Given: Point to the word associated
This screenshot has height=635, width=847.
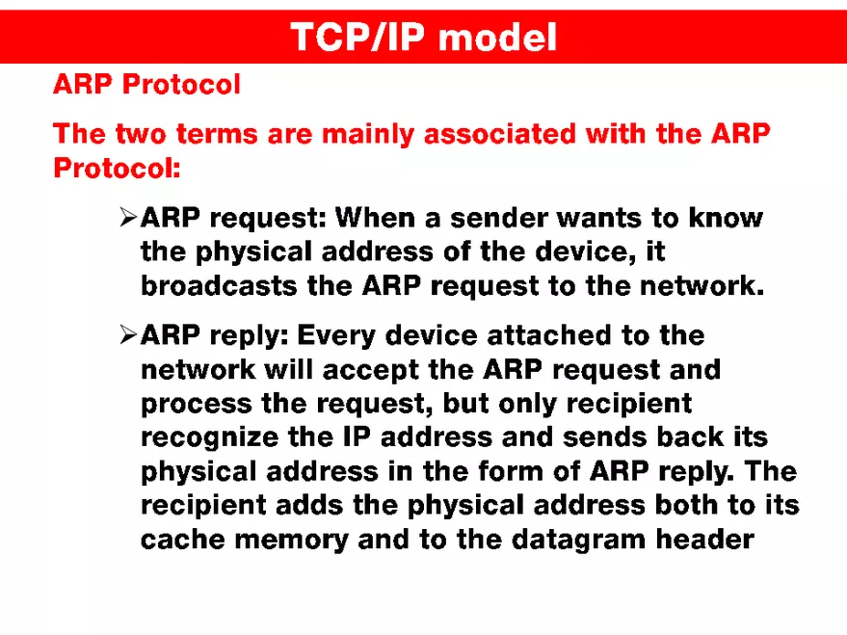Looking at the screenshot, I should tap(501, 134).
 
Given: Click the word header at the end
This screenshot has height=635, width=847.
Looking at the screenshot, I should tap(704, 539).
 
